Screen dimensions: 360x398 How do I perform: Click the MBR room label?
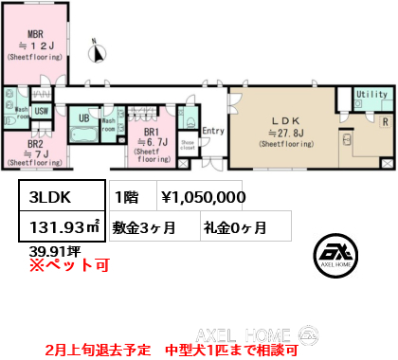click(36, 34)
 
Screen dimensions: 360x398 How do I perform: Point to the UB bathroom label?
click(83, 117)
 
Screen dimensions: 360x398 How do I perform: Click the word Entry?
click(213, 132)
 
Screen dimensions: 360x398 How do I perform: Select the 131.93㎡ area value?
click(59, 227)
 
